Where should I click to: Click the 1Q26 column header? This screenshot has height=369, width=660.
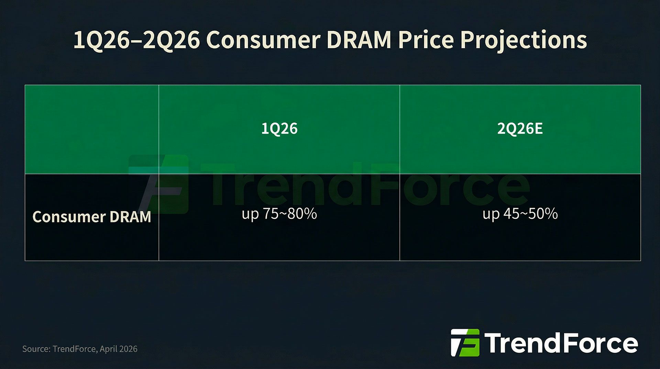point(279,129)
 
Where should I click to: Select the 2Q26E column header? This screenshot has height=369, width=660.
point(520,129)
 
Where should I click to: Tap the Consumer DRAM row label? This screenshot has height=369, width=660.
point(91,217)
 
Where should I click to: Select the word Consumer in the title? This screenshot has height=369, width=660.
point(263,40)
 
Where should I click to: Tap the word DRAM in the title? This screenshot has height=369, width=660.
point(359,40)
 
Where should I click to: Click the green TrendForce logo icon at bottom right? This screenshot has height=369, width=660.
point(465,342)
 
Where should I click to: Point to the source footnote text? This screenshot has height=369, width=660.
point(80,349)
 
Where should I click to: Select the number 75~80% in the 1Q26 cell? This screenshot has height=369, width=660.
point(290,214)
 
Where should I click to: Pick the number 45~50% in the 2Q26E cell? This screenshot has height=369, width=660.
point(530,214)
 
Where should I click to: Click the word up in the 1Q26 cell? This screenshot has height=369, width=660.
point(250,214)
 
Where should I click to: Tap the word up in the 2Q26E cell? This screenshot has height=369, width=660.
point(491,214)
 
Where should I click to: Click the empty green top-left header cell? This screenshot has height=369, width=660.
point(91,129)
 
